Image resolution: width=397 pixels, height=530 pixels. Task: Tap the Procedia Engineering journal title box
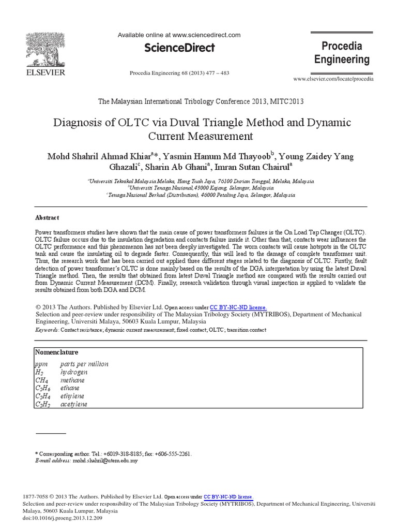coord(342,53)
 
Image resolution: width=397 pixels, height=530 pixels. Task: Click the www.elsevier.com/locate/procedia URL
coord(333,79)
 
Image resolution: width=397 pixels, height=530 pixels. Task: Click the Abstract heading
coord(47,218)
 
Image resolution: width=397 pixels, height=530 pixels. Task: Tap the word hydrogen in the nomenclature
coord(74,372)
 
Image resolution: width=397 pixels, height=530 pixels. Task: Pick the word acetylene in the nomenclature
coord(74,404)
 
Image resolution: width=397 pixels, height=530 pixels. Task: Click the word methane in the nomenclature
coord(72,380)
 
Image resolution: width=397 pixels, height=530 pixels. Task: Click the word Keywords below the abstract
coord(47,329)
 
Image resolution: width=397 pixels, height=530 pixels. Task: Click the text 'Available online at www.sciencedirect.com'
coord(179,35)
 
